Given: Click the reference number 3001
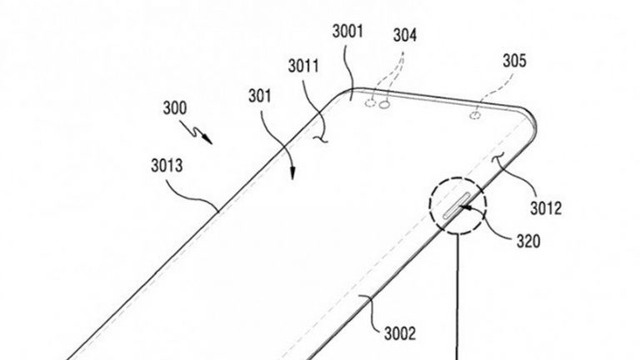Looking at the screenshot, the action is pos(347,32).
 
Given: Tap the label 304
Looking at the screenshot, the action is pos(405,36).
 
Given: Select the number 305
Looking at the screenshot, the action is pos(514,61).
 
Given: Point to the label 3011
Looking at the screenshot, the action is pos(303,66).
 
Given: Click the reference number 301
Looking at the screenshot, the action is pos(260,96).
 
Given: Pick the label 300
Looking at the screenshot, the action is pos(175,108).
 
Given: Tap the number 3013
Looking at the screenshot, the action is pos(167,166).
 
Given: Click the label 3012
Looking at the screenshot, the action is pos(546,208).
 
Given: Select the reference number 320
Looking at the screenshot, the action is pos(528,241).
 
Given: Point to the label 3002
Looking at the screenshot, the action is pos(400,333).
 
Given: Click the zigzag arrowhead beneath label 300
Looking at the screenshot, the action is pos(207,139).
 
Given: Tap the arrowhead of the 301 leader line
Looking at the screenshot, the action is pos(292,174).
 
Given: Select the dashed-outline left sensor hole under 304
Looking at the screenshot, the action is pos(370,102).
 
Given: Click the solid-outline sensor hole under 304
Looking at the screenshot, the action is pos(384,105).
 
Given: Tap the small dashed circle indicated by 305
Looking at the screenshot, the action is pos(475,116).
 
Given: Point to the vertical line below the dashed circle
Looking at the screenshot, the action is pos(457,297).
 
